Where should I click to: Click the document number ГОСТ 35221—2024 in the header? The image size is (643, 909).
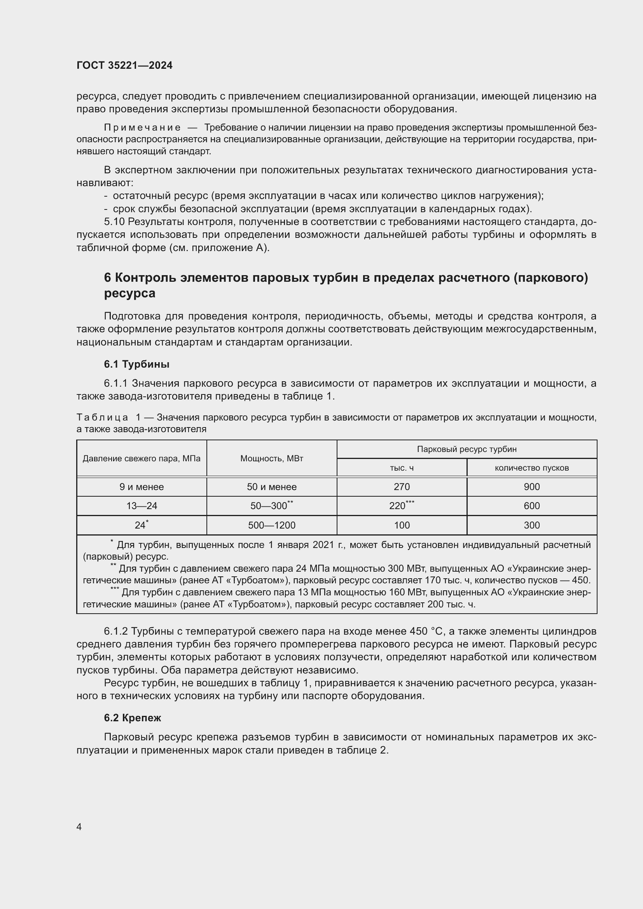pyautogui.click(x=124, y=65)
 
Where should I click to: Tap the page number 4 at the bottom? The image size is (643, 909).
pyautogui.click(x=79, y=827)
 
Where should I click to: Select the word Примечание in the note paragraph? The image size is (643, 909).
pyautogui.click(x=142, y=127)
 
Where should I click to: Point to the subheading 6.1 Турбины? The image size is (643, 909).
pyautogui.click(x=136, y=364)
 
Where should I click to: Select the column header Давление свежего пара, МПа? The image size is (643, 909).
pyautogui.click(x=142, y=459)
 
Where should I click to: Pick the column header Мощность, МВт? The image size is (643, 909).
pyautogui.click(x=272, y=459)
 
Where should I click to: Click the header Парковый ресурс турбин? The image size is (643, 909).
pyautogui.click(x=467, y=449)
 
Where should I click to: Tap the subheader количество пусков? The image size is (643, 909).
pyautogui.click(x=531, y=468)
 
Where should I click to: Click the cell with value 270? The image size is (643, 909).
pyautogui.click(x=402, y=487)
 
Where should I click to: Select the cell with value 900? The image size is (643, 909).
pyautogui.click(x=531, y=487)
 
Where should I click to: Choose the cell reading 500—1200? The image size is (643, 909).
pyautogui.click(x=272, y=525)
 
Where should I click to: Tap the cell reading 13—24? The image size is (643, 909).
pyautogui.click(x=142, y=506)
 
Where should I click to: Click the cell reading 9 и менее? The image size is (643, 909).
pyautogui.click(x=142, y=487)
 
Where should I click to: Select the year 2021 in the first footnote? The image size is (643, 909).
pyautogui.click(x=323, y=545)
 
